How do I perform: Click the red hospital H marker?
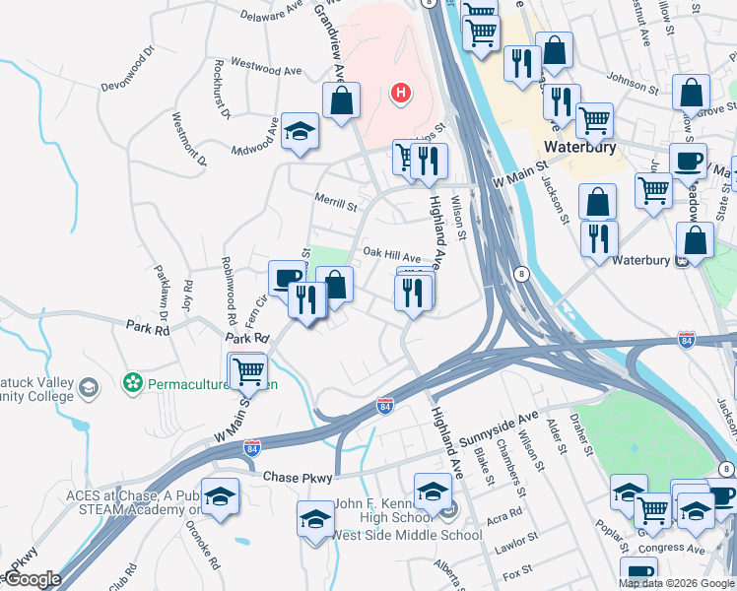[x=400, y=95]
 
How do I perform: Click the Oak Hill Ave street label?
[x=391, y=253]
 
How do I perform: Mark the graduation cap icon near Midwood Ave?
[x=299, y=131]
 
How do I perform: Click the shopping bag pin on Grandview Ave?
[x=341, y=99]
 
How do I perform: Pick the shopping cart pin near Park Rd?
[x=248, y=371]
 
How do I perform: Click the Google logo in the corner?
[x=32, y=579]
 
